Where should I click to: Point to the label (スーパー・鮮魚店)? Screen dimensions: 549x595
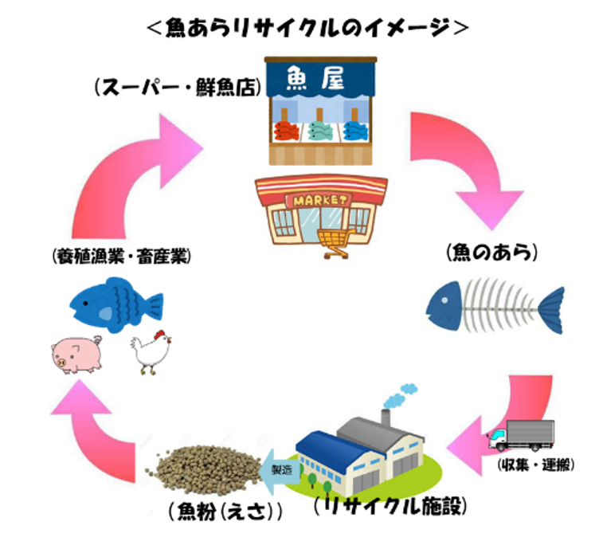point(178,87)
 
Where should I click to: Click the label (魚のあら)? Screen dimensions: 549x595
point(493,253)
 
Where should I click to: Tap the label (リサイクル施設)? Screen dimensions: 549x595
point(389,506)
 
